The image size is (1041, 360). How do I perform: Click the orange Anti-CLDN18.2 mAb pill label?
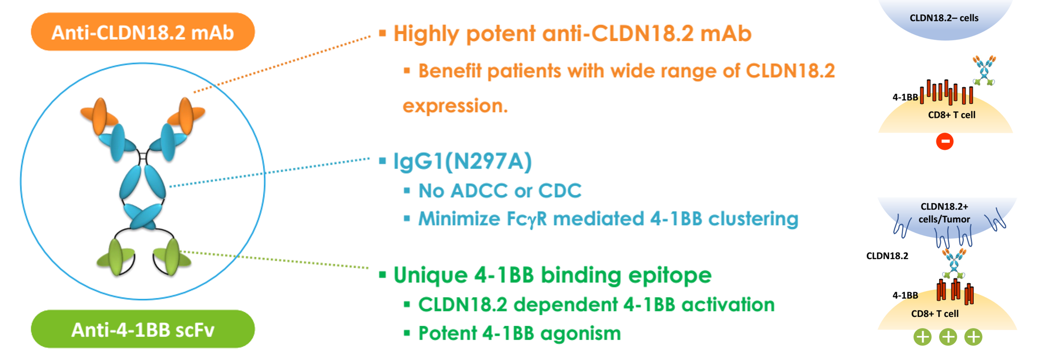click(143, 32)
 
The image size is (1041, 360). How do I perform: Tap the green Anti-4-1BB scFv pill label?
click(143, 329)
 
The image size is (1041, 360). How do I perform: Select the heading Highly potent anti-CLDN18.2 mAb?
click(572, 34)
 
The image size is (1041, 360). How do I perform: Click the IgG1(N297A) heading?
click(463, 161)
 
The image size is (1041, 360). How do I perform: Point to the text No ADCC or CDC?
click(499, 190)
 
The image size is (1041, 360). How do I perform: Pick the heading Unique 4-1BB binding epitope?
click(552, 275)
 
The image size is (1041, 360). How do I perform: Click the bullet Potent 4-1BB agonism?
click(520, 333)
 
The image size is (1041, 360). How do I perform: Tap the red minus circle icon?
click(944, 141)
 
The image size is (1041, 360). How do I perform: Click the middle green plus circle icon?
click(948, 337)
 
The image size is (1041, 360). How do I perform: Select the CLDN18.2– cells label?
click(944, 18)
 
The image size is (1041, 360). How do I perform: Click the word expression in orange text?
click(455, 106)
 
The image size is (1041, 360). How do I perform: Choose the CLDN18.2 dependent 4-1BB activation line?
click(597, 305)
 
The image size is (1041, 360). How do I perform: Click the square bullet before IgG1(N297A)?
click(382, 161)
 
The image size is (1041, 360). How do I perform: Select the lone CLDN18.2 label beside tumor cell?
click(887, 256)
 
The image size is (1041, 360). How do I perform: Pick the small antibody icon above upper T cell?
click(983, 70)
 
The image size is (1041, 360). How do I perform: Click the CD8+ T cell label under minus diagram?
click(951, 115)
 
